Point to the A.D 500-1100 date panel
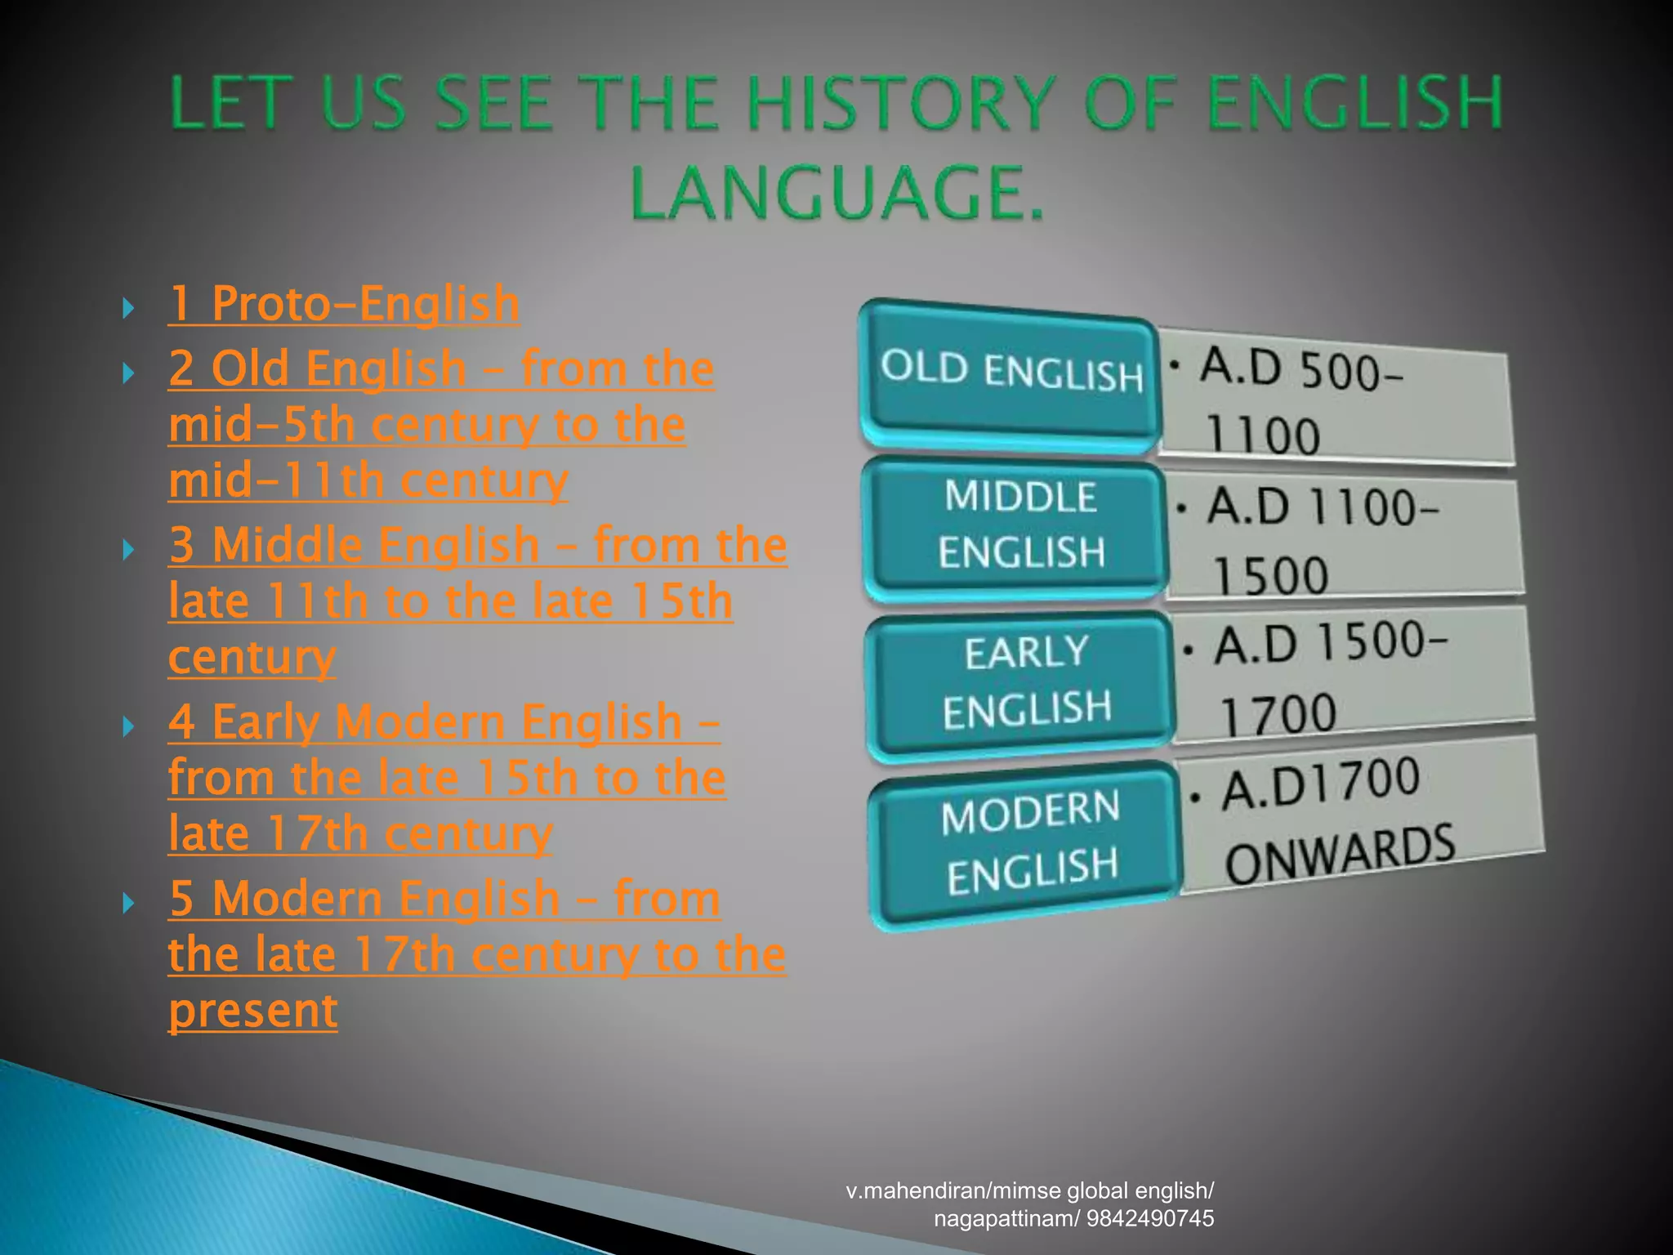(x=1335, y=400)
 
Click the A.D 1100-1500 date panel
(x=1344, y=539)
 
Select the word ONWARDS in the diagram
(x=1340, y=855)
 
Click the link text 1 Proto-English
(x=344, y=304)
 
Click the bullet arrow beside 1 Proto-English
(x=127, y=309)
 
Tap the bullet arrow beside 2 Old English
(x=127, y=373)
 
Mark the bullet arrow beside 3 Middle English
(x=127, y=550)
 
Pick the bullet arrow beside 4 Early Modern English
(x=127, y=726)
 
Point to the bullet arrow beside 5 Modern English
(x=127, y=903)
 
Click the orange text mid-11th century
(x=368, y=480)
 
